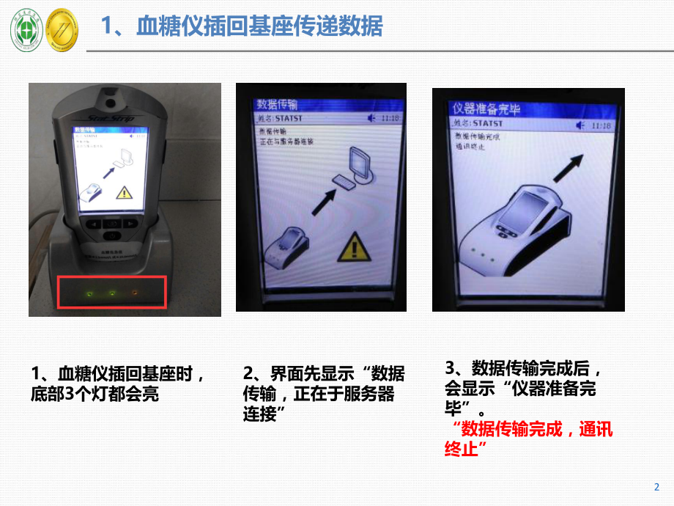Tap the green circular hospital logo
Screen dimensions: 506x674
[26, 31]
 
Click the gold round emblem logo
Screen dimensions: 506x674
[62, 31]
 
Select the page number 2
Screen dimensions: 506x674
[656, 487]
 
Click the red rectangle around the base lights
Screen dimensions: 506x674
[112, 293]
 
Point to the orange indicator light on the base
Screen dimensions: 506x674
[134, 293]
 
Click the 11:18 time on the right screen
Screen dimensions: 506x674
[600, 126]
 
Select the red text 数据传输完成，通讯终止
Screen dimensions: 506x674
[527, 439]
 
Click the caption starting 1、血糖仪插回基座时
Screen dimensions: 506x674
[117, 384]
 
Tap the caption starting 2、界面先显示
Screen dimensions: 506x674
[322, 393]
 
